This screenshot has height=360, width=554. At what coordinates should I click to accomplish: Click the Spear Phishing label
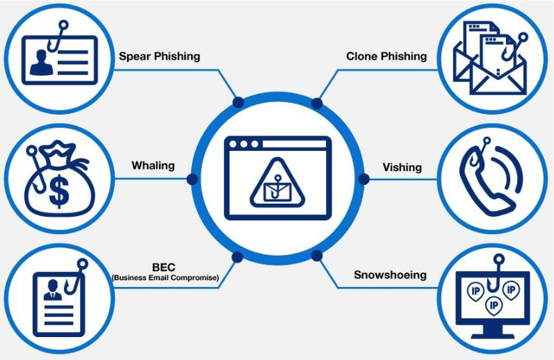159,56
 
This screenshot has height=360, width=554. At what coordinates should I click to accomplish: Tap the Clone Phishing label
386,56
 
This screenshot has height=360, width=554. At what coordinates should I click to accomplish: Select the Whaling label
153,166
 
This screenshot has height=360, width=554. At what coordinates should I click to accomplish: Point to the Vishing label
402,167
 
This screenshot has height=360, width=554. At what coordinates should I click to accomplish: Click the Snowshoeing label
390,275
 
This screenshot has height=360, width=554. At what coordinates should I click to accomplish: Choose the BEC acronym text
165,267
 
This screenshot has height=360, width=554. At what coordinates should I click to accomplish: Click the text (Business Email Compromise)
165,278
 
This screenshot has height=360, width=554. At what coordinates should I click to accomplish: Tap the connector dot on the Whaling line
193,179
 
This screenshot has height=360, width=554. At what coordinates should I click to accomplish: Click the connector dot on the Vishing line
362,179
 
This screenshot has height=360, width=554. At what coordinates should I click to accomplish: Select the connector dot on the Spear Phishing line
238,103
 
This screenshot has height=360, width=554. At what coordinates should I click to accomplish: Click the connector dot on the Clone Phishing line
317,104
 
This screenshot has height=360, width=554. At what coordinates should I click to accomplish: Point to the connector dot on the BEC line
238,255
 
